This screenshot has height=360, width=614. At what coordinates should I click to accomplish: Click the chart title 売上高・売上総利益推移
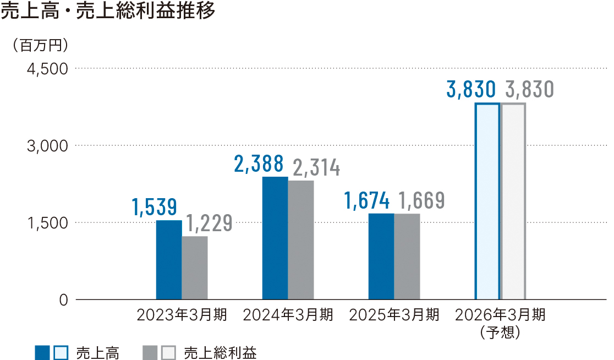tap(108, 12)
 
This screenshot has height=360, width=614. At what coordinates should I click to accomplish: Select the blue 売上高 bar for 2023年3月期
tap(169, 260)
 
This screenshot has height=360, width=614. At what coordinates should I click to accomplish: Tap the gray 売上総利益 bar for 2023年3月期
tap(195, 268)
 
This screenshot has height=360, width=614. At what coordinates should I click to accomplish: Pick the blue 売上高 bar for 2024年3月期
tap(275, 238)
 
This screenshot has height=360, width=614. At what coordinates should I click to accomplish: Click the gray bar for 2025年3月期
tap(407, 257)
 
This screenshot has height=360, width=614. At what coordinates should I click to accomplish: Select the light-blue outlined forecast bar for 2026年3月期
tap(487, 201)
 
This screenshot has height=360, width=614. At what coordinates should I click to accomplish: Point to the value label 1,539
tap(154, 206)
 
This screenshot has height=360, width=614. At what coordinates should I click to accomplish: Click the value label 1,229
tap(209, 223)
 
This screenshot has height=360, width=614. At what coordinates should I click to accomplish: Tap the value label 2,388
tap(259, 163)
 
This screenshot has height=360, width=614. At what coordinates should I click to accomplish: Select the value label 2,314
tap(316, 168)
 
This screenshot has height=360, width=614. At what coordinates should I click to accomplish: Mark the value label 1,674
tap(367, 200)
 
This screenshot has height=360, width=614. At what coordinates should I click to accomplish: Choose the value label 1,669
tap(421, 200)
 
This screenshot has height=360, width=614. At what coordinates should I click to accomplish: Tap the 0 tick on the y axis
tap(63, 300)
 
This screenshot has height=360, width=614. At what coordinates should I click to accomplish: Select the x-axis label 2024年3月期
tap(288, 315)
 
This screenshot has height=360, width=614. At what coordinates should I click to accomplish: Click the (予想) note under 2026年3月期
tap(500, 332)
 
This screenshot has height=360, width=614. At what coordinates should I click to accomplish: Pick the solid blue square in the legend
tap(42, 352)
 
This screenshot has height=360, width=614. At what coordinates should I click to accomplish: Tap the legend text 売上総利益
tap(220, 352)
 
